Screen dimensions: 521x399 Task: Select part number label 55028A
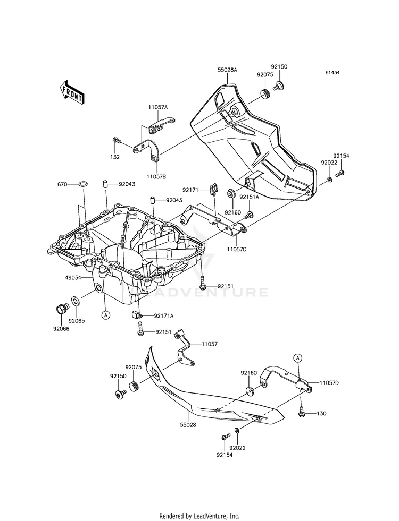coord(227,70)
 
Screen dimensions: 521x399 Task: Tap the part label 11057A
coord(158,107)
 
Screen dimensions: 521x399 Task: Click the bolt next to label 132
coord(117,141)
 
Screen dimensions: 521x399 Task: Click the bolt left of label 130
coord(302,412)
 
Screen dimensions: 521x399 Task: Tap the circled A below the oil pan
coord(106,315)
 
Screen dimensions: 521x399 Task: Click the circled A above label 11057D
coord(298,358)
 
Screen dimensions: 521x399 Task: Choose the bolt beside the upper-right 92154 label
coord(341,172)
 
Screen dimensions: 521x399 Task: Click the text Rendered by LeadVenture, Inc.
coord(199,516)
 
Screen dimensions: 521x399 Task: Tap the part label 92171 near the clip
coord(190,190)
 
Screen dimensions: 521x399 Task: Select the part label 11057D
coord(329,382)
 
